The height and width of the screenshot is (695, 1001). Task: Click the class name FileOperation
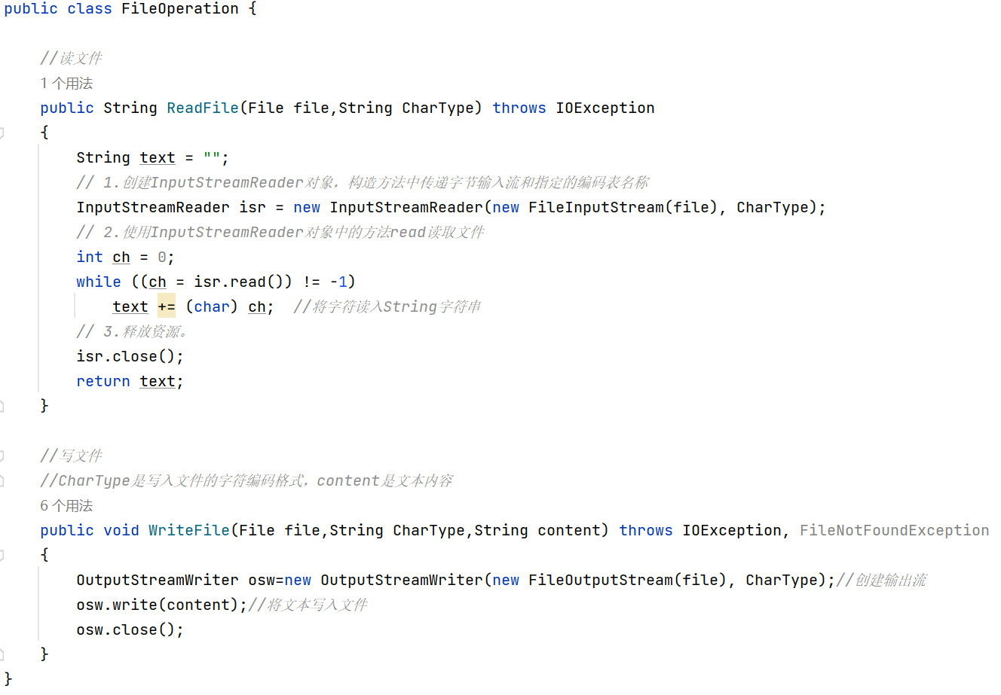click(x=179, y=9)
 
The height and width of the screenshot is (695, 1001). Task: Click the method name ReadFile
click(x=203, y=108)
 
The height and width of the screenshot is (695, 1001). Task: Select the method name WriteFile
click(x=189, y=530)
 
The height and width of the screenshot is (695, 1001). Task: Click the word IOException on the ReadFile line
click(x=605, y=108)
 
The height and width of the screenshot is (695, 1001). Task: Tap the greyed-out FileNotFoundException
click(x=894, y=530)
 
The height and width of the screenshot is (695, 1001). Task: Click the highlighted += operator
click(x=167, y=306)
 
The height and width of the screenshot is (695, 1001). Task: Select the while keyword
click(x=98, y=282)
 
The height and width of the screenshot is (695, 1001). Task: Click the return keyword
click(x=103, y=381)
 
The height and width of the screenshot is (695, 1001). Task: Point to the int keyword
click(x=90, y=257)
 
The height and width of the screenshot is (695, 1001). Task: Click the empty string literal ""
click(x=212, y=157)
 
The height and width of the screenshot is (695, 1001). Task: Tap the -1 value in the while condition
click(x=338, y=282)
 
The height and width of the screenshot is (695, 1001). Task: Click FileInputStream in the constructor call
click(x=595, y=207)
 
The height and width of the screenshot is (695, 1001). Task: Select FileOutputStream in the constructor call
click(x=600, y=580)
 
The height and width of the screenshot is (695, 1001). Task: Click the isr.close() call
click(x=130, y=356)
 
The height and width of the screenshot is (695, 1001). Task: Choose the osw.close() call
click(x=130, y=629)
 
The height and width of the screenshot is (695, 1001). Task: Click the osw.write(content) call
click(x=161, y=605)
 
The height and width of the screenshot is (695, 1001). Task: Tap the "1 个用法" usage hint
click(x=66, y=83)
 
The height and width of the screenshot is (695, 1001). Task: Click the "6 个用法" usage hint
click(x=66, y=505)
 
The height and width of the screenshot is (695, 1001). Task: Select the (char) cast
click(x=212, y=306)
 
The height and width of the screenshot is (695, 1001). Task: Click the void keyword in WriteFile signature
click(x=121, y=530)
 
